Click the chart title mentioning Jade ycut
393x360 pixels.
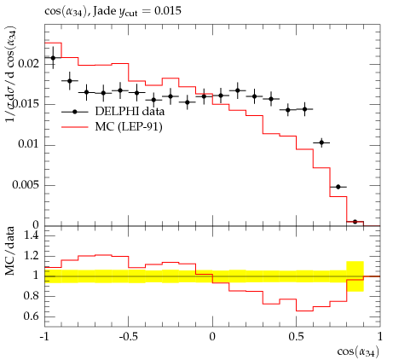point(113,11)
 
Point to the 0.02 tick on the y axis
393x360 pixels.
point(28,63)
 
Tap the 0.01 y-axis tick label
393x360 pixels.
point(28,144)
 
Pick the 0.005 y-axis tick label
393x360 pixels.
point(26,185)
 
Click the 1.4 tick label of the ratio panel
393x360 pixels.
point(31,235)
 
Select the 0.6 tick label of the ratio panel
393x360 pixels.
point(31,316)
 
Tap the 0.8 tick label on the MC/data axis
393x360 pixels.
point(31,296)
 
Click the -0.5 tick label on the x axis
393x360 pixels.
point(128,337)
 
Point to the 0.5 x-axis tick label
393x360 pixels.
point(296,337)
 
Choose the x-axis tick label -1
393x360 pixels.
point(44,337)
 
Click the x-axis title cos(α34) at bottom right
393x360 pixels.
point(358,352)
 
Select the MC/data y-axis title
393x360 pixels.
point(9,251)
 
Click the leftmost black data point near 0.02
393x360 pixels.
point(53,58)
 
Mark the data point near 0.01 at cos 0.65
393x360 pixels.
point(321,142)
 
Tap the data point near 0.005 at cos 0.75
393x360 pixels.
point(338,187)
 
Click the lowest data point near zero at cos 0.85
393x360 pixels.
point(355,222)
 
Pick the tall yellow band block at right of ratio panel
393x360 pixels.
point(355,276)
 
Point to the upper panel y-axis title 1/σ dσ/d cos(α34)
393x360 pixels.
point(11,74)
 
